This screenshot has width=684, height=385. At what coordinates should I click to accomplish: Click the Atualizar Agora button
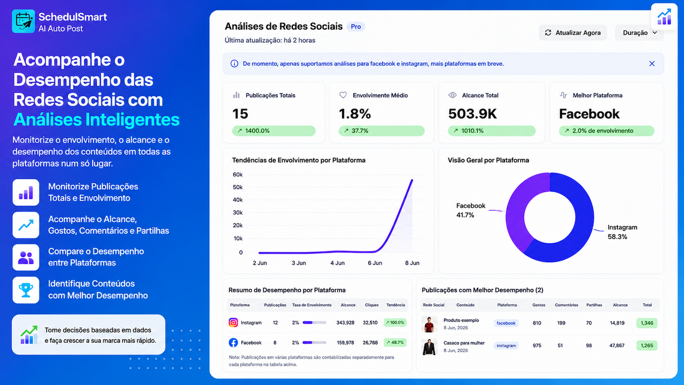point(572,33)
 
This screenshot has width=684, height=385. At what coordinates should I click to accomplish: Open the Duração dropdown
point(639,33)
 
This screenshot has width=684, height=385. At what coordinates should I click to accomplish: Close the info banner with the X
point(652,64)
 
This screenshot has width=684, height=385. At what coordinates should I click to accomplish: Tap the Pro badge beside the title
point(356,27)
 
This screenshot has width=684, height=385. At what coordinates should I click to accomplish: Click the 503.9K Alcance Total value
point(472,114)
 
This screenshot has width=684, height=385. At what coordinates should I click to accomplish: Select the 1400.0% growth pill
point(274,131)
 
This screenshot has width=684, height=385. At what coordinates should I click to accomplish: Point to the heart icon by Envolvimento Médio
point(343,95)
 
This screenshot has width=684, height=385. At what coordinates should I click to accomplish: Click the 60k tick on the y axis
point(238,174)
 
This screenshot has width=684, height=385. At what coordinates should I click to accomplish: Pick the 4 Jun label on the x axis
point(337,263)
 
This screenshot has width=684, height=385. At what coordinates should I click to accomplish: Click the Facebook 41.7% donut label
point(471,210)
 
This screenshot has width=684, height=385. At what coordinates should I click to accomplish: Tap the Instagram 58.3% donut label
point(622,232)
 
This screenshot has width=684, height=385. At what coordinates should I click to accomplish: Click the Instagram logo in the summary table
point(234,322)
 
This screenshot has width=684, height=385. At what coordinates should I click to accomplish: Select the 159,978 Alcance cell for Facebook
point(345,343)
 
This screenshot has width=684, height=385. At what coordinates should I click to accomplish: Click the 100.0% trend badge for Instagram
point(395,322)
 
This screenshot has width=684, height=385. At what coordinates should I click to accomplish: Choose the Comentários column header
point(566,305)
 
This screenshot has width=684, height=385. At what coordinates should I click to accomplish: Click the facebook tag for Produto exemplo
point(506,323)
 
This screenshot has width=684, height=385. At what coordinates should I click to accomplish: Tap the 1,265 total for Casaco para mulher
point(647,345)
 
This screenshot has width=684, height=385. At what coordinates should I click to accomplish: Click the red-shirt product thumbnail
point(429,324)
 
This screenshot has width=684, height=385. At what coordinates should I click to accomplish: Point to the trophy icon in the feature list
point(26,290)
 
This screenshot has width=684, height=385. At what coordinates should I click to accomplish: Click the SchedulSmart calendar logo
point(24,21)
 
